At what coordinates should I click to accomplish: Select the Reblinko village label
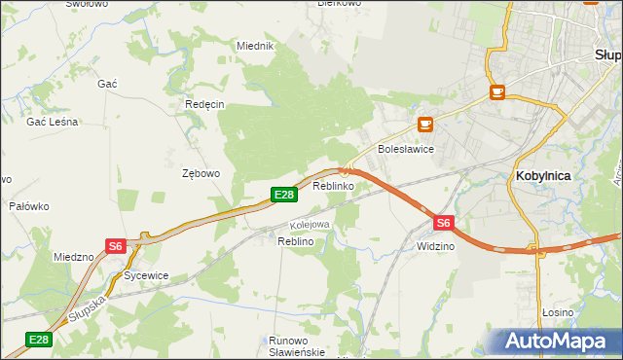(x=333, y=185)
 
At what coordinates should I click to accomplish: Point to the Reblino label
(x=295, y=240)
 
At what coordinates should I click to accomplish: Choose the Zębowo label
(x=202, y=173)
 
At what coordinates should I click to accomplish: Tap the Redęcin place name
(x=204, y=104)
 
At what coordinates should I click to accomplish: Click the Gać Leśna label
(x=53, y=122)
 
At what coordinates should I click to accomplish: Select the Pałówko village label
(x=29, y=206)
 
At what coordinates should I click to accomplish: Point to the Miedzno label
(x=74, y=257)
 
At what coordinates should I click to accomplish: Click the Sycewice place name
(x=146, y=275)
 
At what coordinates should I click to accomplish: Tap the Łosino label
(x=558, y=312)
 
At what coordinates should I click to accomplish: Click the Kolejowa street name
(x=310, y=225)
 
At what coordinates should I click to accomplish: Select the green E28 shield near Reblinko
(x=282, y=196)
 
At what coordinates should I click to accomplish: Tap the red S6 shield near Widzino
(x=444, y=223)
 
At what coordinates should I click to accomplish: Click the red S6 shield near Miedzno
(x=116, y=246)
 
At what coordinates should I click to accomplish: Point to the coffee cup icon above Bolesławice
(x=424, y=125)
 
